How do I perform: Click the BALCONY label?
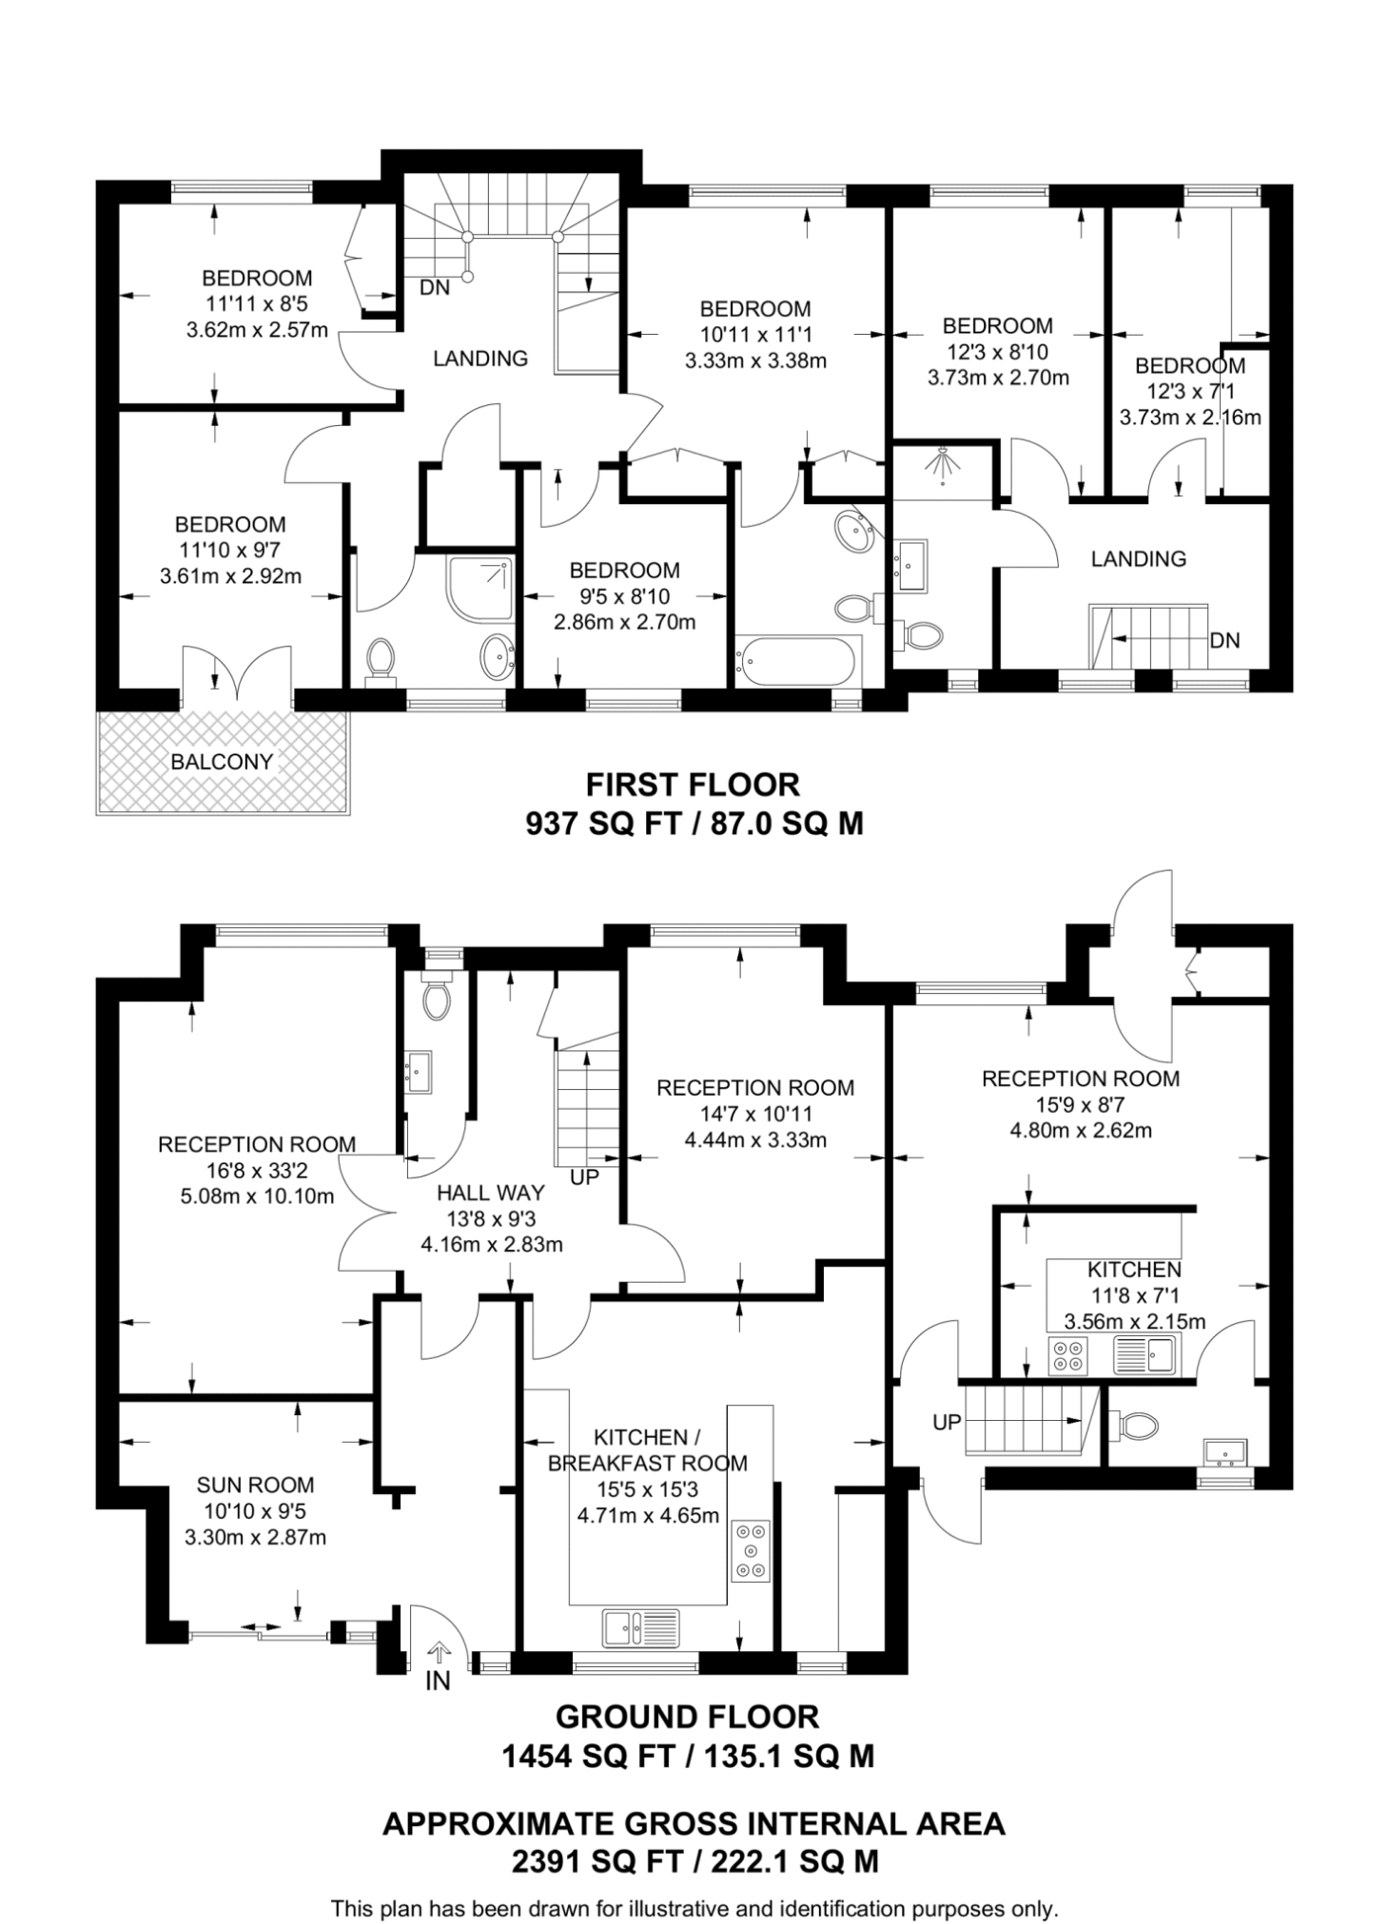[222, 761]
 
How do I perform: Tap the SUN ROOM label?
[255, 1484]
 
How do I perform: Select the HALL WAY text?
[491, 1192]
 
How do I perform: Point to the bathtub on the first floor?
[795, 660]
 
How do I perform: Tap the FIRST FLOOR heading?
[693, 785]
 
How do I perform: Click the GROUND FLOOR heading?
[687, 1717]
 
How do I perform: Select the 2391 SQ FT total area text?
[694, 1859]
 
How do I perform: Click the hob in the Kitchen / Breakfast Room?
[751, 1551]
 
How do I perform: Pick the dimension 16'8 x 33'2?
[257, 1170]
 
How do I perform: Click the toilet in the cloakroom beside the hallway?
[438, 1001]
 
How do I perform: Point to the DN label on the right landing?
[1224, 640]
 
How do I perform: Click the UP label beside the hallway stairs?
[584, 1177]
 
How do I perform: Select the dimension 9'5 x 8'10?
[624, 596]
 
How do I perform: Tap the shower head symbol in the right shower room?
[942, 465]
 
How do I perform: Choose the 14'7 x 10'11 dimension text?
[755, 1113]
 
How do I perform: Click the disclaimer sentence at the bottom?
[694, 1908]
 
